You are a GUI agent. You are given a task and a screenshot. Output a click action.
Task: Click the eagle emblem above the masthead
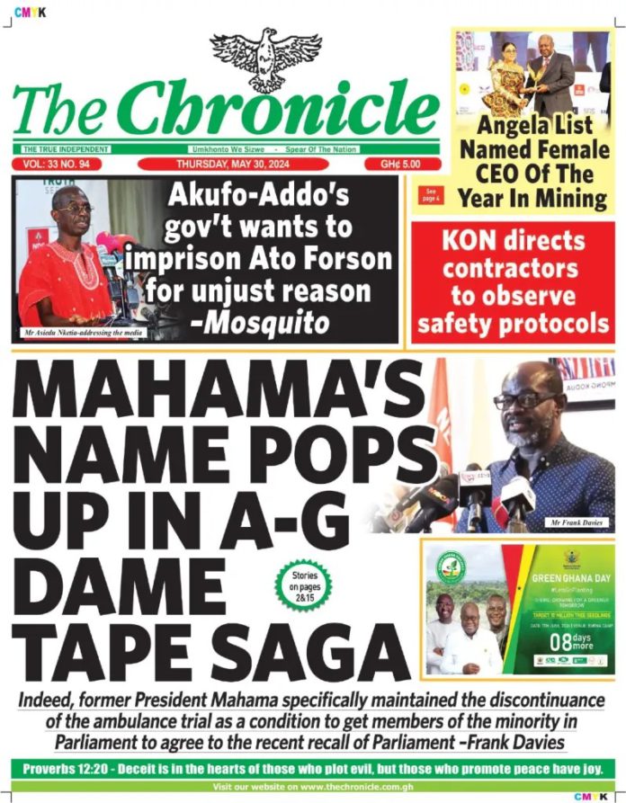point(265,59)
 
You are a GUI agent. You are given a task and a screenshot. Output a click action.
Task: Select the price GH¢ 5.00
point(404,165)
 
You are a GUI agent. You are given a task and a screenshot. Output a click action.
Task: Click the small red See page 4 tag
point(431,194)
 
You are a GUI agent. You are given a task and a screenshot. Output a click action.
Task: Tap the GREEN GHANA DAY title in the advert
point(564,580)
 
